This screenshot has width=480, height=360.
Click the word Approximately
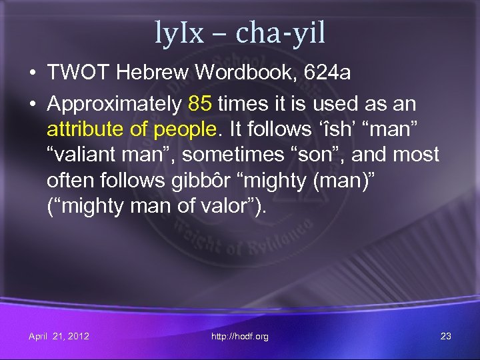point(114,105)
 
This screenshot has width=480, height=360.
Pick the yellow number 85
point(199,104)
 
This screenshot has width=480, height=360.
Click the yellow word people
point(183,130)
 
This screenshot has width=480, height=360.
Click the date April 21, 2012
point(59,336)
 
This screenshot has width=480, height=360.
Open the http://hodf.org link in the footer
point(239,337)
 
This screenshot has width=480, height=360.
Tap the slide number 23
point(446,336)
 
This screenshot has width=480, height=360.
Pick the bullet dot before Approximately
point(33,105)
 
